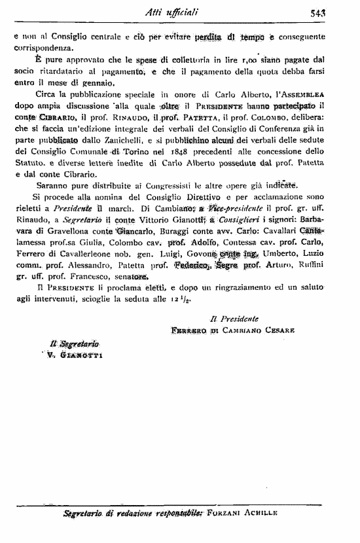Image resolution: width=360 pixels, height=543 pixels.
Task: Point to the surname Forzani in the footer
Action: coord(225,513)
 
